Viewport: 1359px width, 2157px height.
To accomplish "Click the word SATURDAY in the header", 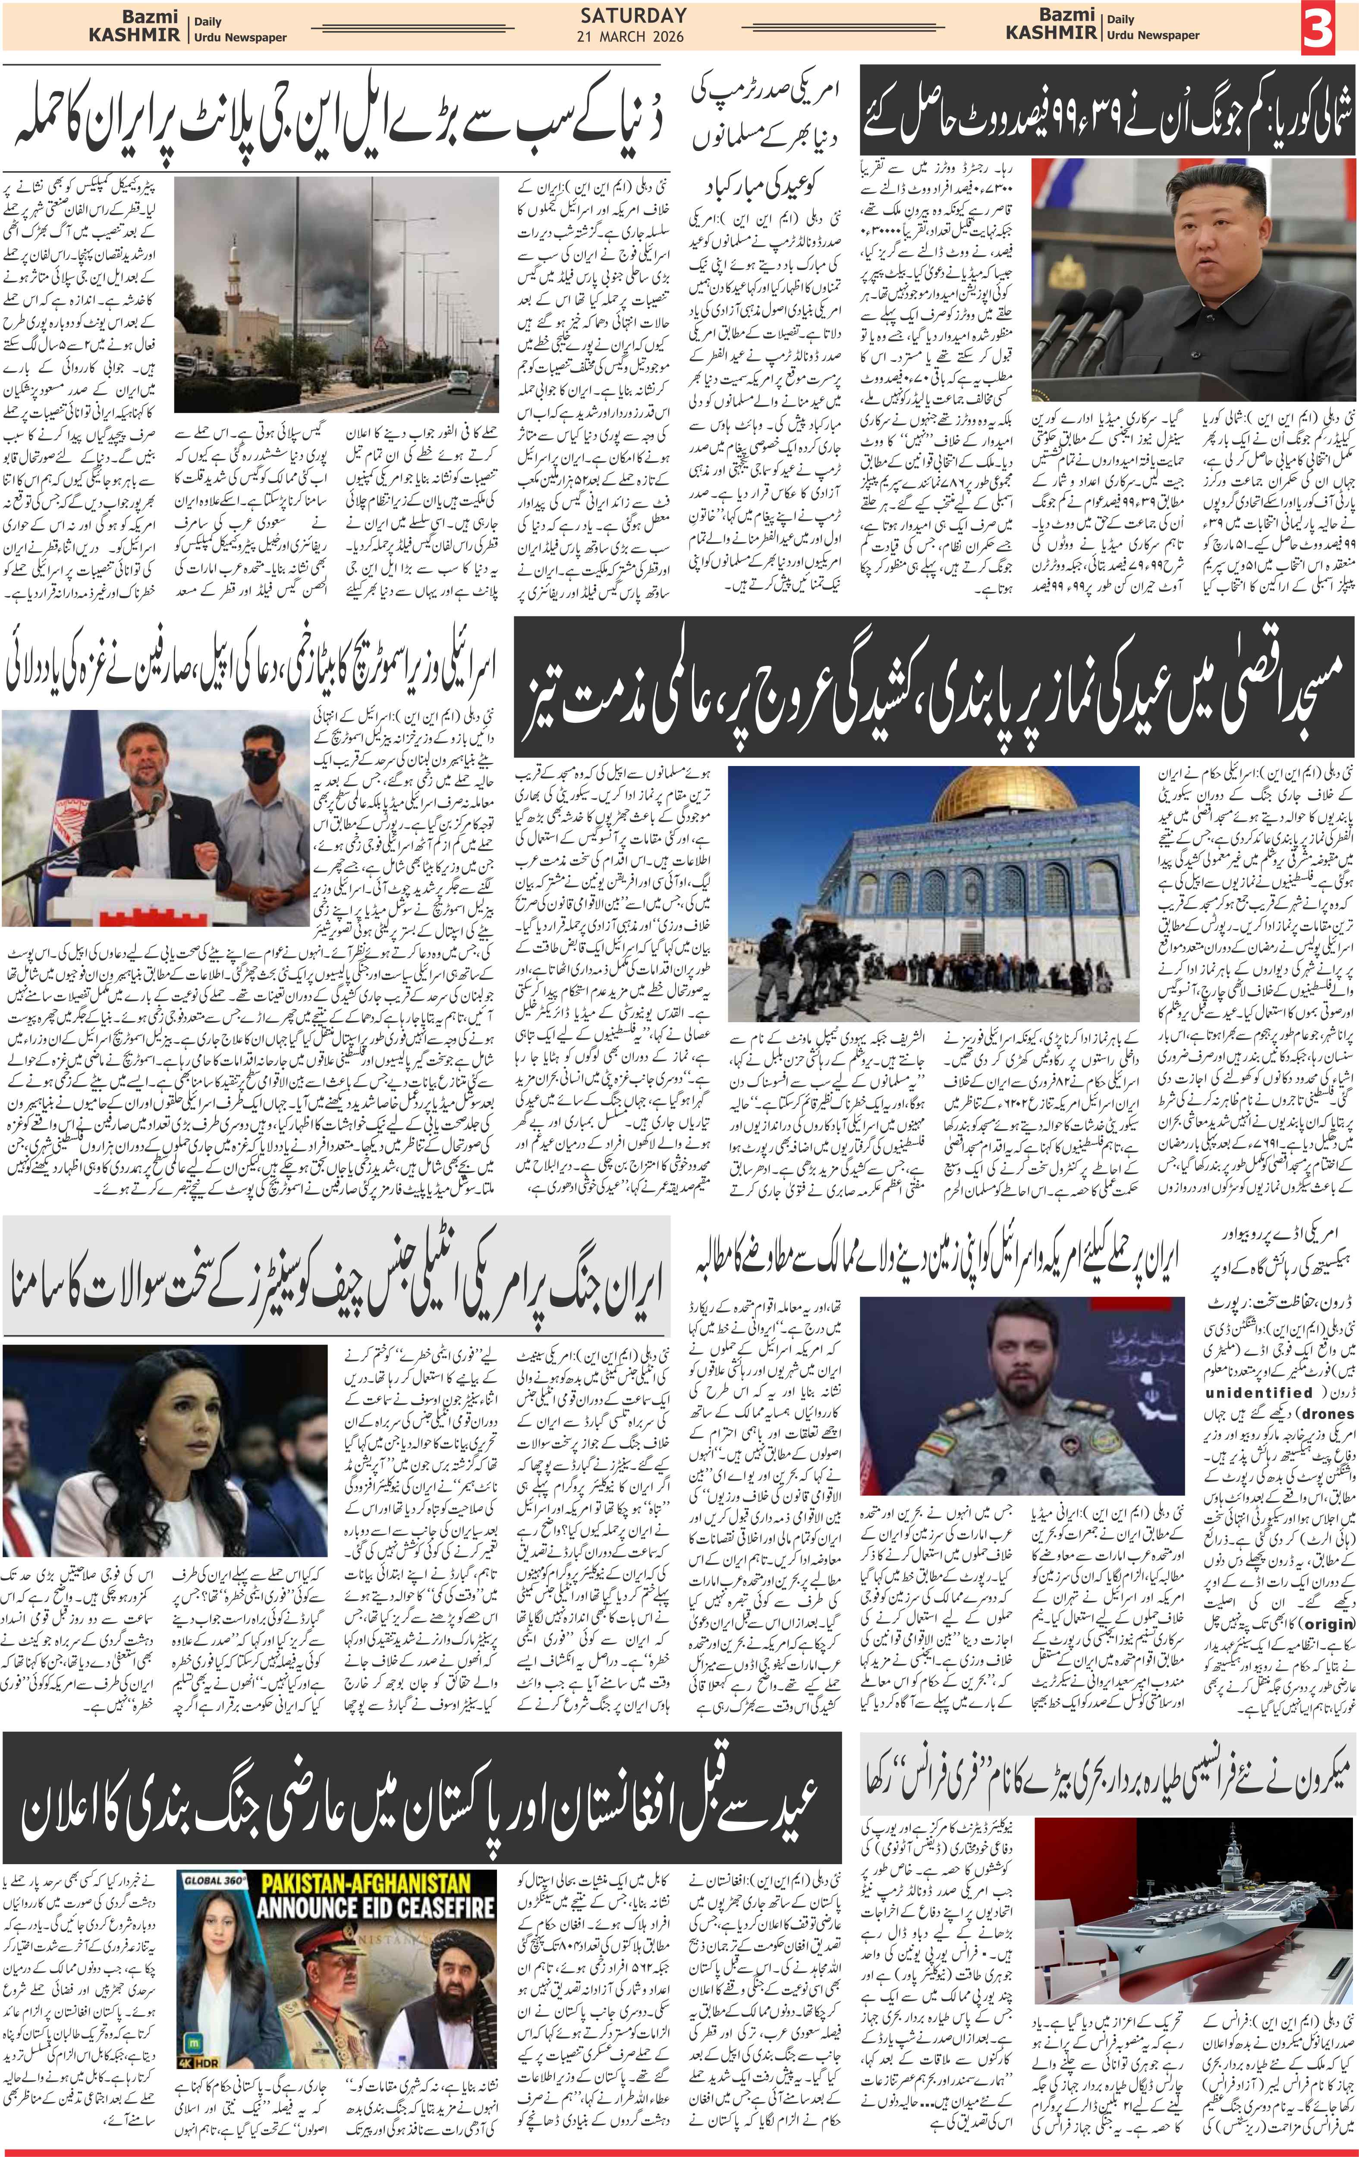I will (633, 15).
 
